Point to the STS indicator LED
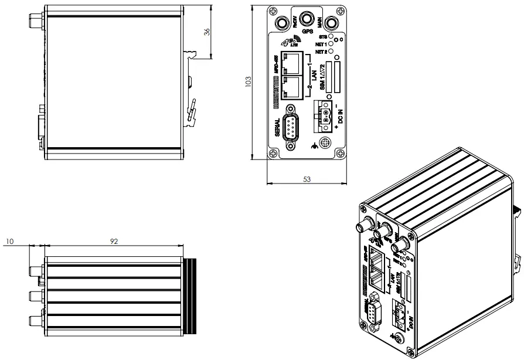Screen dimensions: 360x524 click(331, 36)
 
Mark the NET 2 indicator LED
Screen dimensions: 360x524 click(331, 52)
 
